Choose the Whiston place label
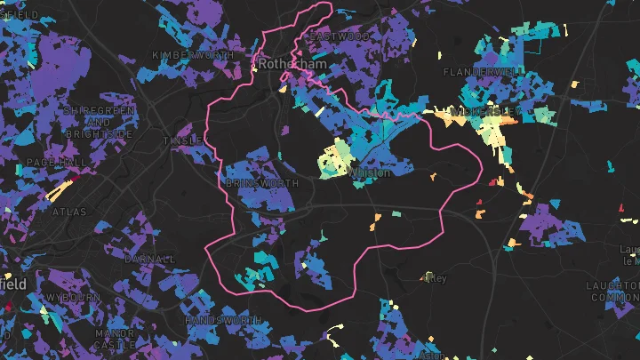(371, 172)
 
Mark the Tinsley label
(181, 140)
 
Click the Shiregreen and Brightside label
(99, 121)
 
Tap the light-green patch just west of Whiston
(333, 160)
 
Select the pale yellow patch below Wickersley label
(491, 132)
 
